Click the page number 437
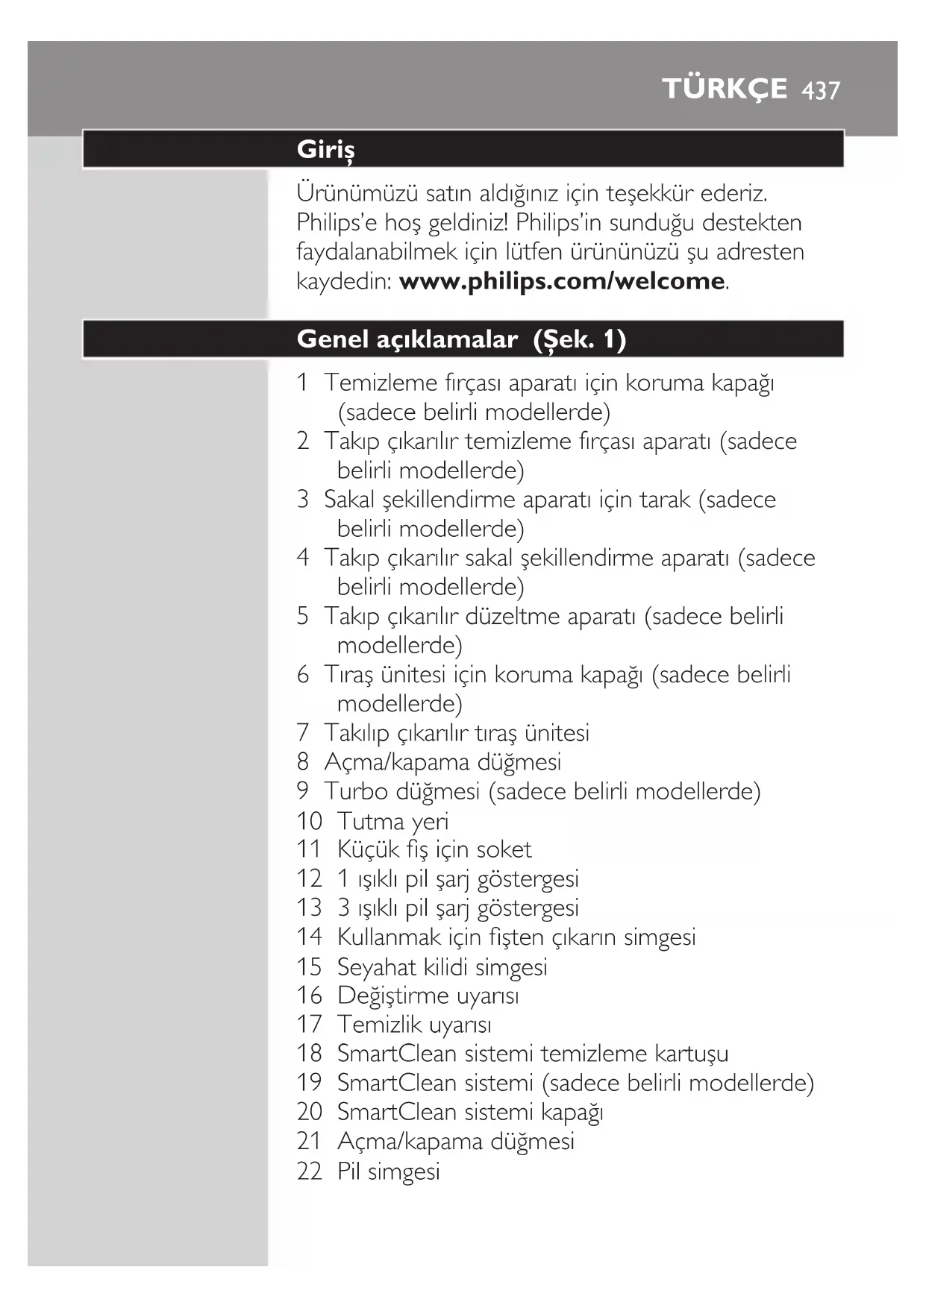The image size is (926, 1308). [821, 90]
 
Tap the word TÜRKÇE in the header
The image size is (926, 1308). [725, 88]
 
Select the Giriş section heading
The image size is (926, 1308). [325, 150]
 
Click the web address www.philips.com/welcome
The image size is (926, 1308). [562, 281]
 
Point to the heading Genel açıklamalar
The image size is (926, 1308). [407, 339]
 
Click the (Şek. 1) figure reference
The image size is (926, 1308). [580, 339]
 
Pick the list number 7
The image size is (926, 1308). [302, 733]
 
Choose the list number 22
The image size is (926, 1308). [309, 1171]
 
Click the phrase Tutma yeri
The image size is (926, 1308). [392, 821]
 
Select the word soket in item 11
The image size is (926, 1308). [504, 849]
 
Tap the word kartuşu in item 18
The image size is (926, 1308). [691, 1054]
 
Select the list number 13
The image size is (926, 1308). [309, 908]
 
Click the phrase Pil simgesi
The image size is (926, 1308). [388, 1171]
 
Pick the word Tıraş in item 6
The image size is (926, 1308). [348, 675]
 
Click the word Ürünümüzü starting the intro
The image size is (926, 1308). [357, 194]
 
